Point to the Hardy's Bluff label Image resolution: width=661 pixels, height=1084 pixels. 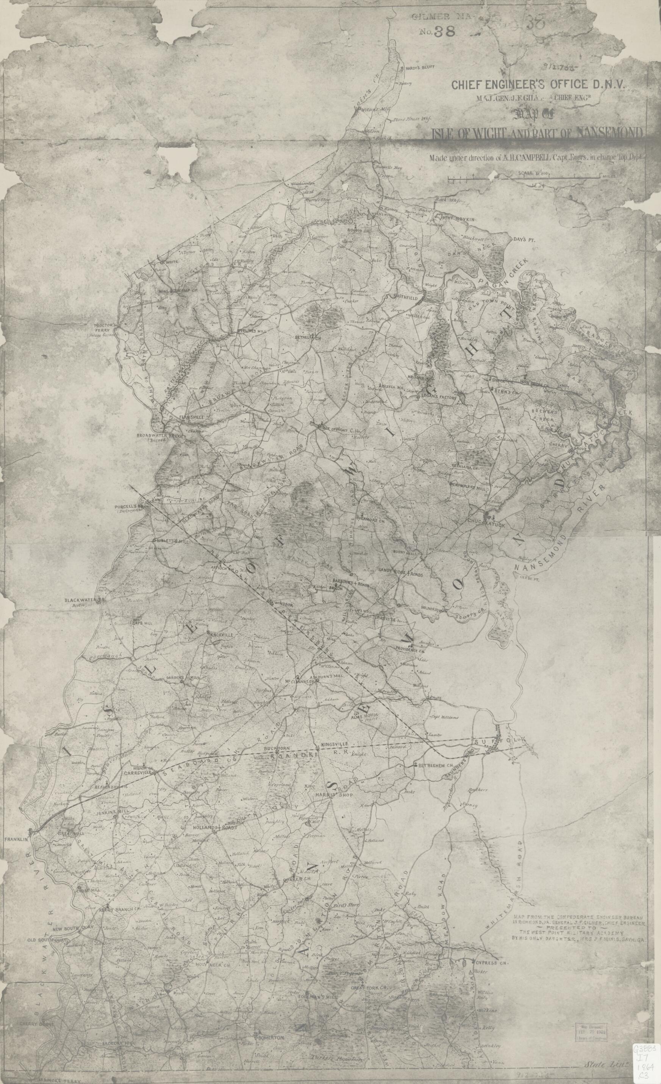point(415,69)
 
